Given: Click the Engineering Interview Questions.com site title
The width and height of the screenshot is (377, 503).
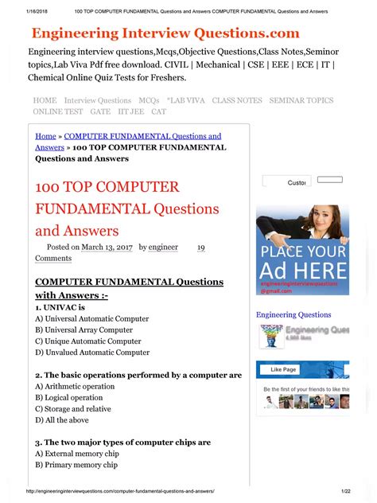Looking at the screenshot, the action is tap(165, 33).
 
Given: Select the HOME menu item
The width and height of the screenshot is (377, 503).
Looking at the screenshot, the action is tap(45, 100).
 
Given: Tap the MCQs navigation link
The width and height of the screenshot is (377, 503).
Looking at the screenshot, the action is tap(149, 100).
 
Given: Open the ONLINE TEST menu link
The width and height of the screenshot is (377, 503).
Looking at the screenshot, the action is tap(56, 112).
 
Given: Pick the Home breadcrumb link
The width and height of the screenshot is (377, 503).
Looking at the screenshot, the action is tap(45, 137).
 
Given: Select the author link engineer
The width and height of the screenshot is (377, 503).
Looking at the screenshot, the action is tap(163, 248).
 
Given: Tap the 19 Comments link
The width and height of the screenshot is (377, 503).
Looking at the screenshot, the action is tap(53, 258).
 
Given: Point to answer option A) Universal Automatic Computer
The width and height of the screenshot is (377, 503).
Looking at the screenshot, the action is tap(91, 318).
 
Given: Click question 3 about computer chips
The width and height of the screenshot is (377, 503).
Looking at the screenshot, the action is tap(122, 442).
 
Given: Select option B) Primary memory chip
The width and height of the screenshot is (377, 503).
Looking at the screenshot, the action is tap(76, 465).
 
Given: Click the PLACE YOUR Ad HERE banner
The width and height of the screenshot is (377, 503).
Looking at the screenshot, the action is tap(302, 250).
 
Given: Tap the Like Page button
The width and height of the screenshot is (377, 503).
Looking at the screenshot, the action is tap(283, 369).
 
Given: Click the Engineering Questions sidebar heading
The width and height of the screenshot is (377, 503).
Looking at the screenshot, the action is tap(293, 315).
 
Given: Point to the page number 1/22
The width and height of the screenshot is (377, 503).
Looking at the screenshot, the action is tap(345, 493).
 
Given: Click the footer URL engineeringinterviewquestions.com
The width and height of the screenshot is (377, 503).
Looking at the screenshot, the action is tap(120, 493).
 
